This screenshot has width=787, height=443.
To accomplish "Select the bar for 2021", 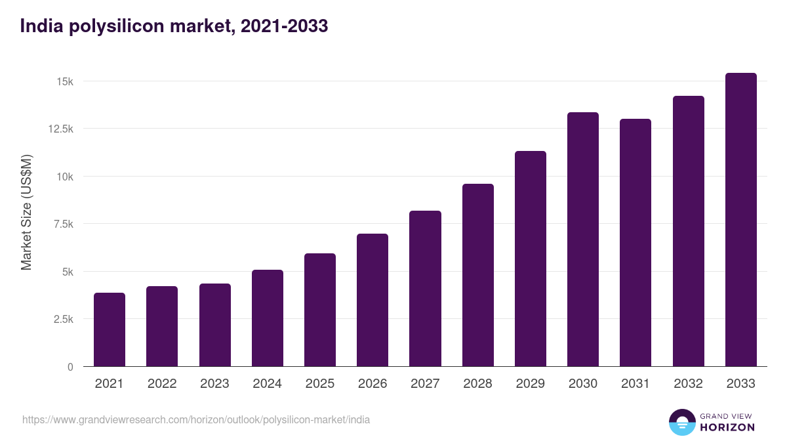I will tap(110, 329).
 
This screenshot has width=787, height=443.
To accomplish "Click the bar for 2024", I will tap(268, 318).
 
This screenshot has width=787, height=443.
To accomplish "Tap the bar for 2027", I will tap(425, 289).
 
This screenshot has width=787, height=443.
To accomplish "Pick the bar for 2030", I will tap(583, 240).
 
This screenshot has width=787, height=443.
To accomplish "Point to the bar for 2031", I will tap(636, 243).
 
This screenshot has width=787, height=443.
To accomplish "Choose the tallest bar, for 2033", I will tap(741, 220).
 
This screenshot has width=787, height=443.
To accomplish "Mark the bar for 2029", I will tap(531, 259).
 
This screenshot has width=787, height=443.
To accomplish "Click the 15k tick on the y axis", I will tap(64, 81).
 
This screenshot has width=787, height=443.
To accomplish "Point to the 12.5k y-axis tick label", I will tap(60, 129).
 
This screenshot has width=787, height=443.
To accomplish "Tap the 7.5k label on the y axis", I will tap(62, 224).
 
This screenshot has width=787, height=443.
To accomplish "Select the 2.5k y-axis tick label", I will tap(62, 319).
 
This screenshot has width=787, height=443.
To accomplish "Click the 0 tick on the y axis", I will tap(70, 367).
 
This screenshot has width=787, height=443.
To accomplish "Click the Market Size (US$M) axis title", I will tap(26, 212).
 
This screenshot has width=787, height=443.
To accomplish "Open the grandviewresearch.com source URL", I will tap(196, 419).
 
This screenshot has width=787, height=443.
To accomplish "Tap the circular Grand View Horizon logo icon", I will tap(682, 422).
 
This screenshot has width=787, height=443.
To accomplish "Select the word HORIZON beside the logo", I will tap(727, 427).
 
